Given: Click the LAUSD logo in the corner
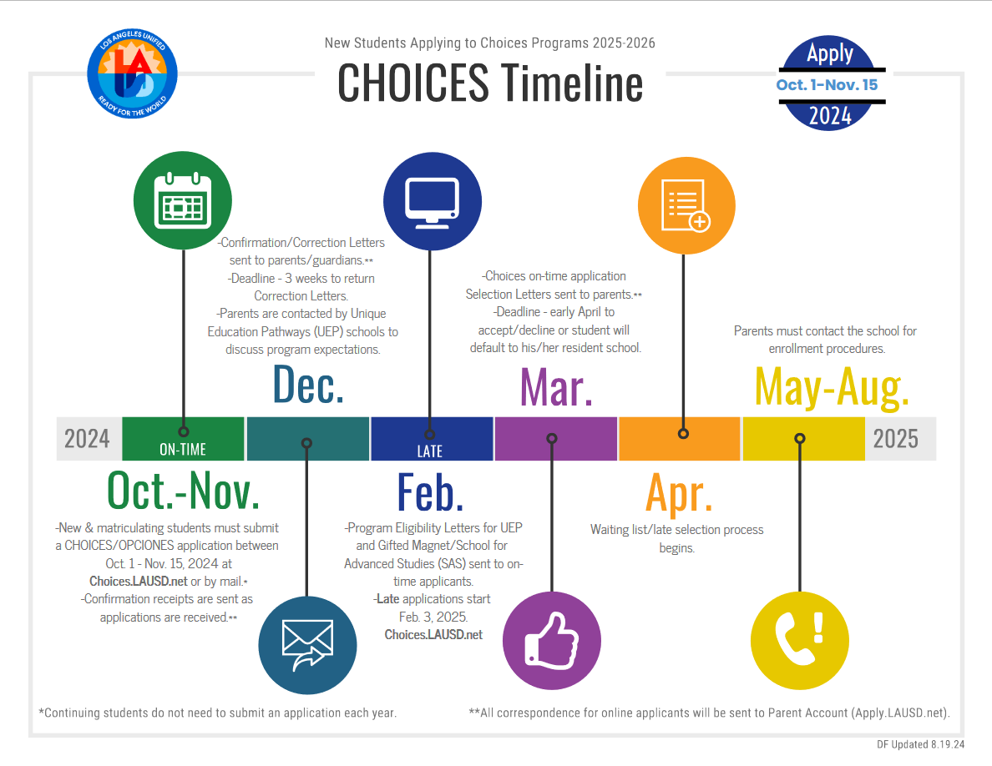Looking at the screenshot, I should (133, 78).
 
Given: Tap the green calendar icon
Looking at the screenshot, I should (184, 200).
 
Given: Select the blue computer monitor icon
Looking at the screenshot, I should (431, 201).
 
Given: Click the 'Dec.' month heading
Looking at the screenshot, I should (308, 385).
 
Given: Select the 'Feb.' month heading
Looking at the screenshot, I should (430, 492).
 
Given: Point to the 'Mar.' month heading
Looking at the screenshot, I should (556, 386).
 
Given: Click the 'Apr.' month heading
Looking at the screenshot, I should (679, 493).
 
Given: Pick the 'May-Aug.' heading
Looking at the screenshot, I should (831, 387).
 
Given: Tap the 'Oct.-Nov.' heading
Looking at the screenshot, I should (184, 491).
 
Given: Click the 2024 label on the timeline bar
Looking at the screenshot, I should (87, 438).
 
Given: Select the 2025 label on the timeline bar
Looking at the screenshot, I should (895, 438).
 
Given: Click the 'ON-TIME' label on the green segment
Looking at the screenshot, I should (183, 450).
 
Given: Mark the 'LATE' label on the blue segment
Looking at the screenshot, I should (429, 451).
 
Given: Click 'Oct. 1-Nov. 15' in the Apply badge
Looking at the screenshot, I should (827, 85).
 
